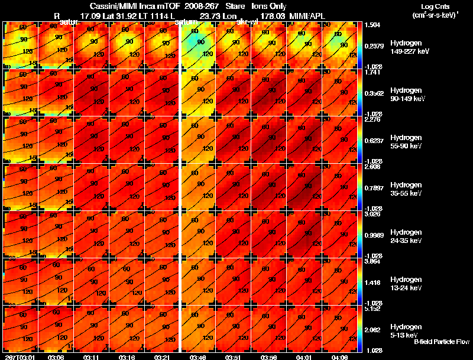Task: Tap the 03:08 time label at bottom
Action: coord(56,357)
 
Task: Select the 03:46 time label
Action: coord(197,357)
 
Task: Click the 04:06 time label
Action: coord(339,357)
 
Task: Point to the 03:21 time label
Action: coord(162,357)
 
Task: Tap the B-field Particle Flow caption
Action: coord(441,342)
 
